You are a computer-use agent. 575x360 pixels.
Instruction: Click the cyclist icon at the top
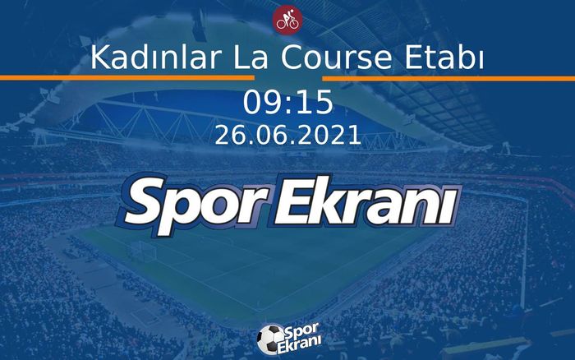pos(287,20)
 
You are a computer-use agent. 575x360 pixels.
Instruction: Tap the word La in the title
pos(223,58)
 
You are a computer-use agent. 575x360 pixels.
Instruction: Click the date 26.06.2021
pos(287,136)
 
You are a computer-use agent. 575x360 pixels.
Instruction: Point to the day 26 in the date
pos(228,136)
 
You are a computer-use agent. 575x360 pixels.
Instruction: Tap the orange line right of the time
pos(460,78)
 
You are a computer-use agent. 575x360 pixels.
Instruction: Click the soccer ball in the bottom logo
pos(269,339)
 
